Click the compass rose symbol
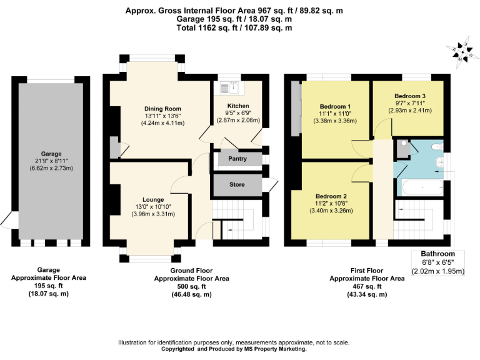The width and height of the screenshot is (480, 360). click(x=462, y=52)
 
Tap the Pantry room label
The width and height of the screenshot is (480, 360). click(x=237, y=159)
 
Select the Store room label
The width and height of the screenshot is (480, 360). click(x=237, y=184)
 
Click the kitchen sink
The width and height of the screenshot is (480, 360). click(x=229, y=87)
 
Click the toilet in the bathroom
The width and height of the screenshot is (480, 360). click(x=437, y=147)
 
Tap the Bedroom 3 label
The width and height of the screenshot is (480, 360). click(x=410, y=96)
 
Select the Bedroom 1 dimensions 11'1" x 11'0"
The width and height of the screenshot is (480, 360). click(x=335, y=114)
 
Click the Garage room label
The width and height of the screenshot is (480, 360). click(x=51, y=154)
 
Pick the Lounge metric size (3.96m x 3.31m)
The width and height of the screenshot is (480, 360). click(x=153, y=214)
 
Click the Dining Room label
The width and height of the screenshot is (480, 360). click(x=162, y=109)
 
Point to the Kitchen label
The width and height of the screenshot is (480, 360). click(x=238, y=106)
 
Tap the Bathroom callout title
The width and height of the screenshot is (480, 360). click(x=437, y=254)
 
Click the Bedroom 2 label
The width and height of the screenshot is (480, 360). click(x=331, y=196)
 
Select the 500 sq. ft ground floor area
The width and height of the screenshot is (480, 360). click(x=191, y=286)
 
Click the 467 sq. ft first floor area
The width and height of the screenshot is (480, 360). click(x=367, y=286)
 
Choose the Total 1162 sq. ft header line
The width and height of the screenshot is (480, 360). click(x=234, y=28)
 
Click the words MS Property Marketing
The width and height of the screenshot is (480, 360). click(x=275, y=349)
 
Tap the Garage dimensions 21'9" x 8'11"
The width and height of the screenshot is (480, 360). click(x=51, y=161)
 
